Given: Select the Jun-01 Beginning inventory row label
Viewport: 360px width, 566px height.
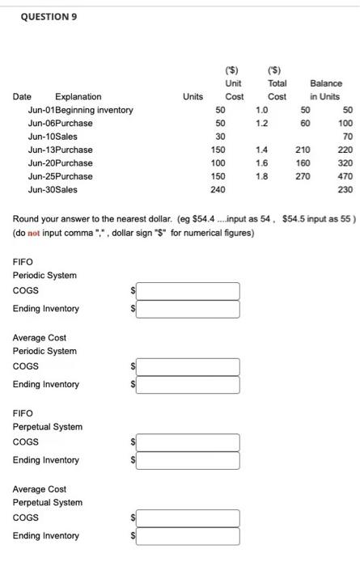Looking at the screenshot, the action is coord(80,110).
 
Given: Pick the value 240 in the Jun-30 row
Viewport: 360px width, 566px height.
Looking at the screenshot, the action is coord(218,189).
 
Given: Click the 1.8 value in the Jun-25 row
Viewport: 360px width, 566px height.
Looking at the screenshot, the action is coord(261,176).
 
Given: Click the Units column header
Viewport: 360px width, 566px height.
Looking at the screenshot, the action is coord(193,97).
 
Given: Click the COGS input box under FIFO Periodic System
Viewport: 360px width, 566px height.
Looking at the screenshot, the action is coord(188,290).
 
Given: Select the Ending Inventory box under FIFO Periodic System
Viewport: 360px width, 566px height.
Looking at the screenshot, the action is coord(188,309).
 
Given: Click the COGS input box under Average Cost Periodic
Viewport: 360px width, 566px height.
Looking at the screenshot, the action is coord(188,366).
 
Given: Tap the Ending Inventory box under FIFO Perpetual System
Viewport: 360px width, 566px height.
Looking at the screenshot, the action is coord(188,461).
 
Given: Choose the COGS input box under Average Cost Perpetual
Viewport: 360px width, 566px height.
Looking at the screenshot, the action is coord(188,517).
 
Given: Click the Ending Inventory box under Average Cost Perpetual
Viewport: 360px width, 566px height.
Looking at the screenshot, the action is coord(188,536).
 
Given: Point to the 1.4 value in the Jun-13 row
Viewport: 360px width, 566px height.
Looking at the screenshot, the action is coord(261,150).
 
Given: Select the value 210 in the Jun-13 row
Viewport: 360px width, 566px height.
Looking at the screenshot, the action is coord(303,150).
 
